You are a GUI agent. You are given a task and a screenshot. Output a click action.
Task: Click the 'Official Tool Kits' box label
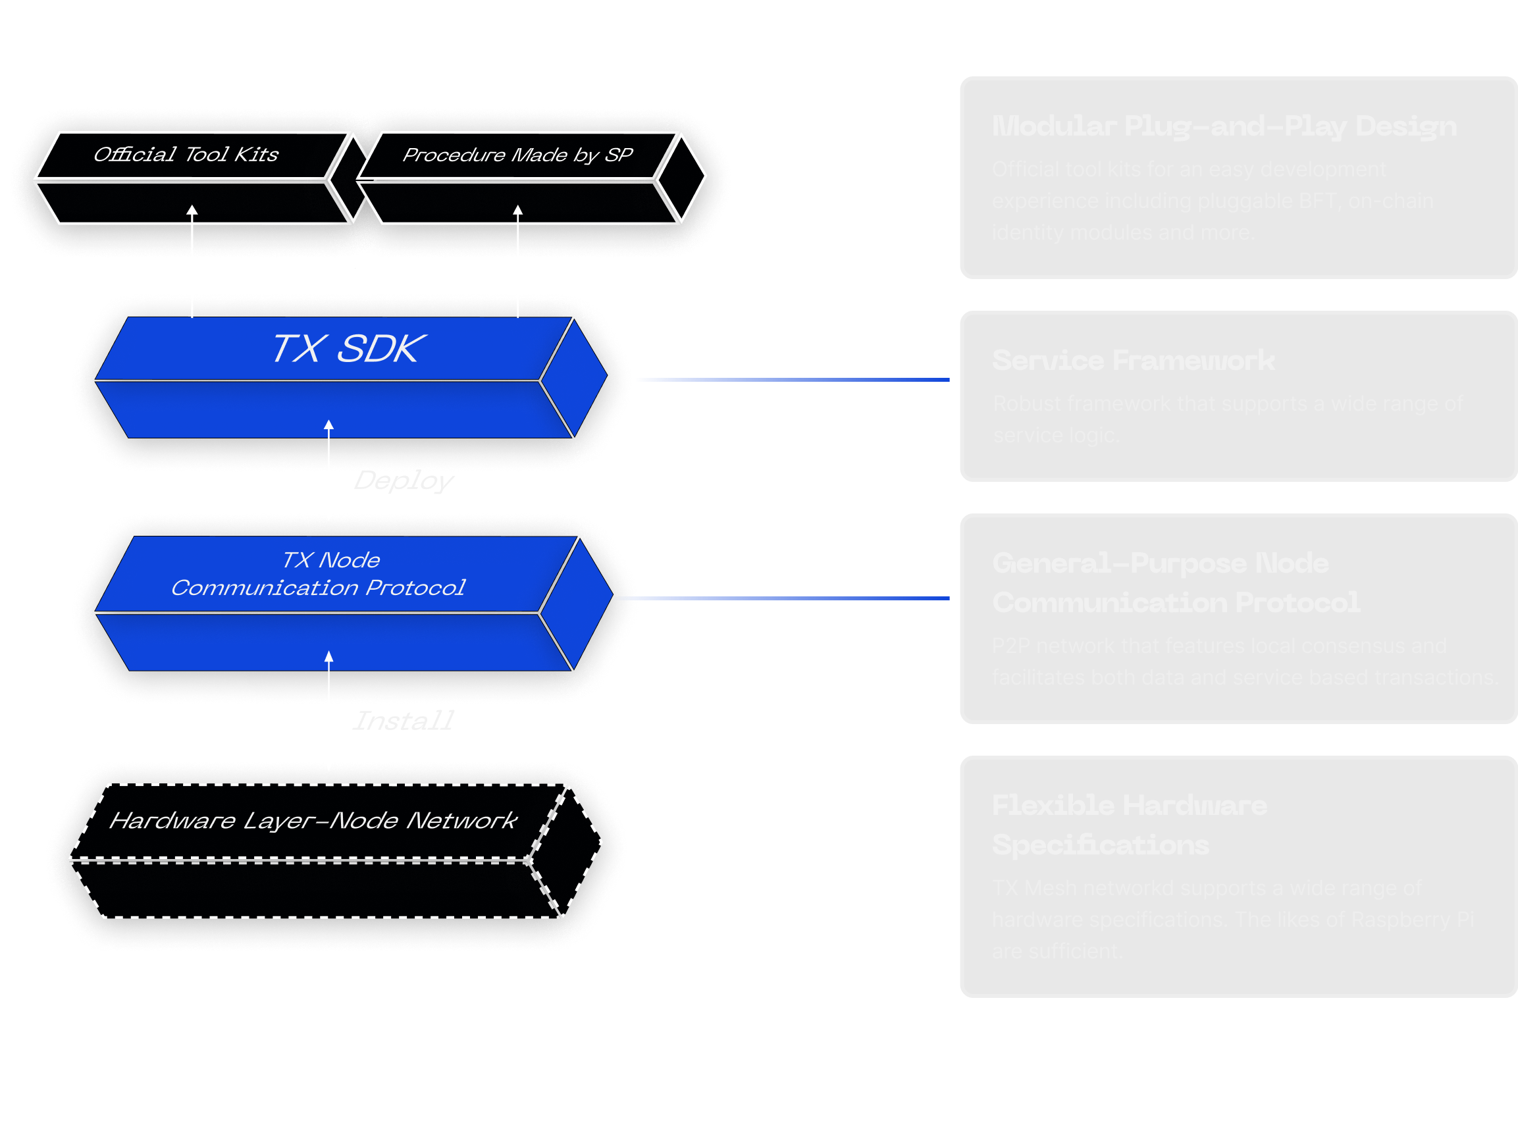pyautogui.click(x=185, y=155)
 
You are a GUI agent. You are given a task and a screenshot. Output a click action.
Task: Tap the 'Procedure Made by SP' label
pyautogui.click(x=517, y=155)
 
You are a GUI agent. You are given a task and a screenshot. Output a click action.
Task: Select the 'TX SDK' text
pyautogui.click(x=348, y=349)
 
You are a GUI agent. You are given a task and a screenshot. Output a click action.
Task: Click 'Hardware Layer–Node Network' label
pyautogui.click(x=313, y=821)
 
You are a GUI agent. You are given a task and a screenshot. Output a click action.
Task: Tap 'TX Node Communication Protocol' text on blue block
pyautogui.click(x=318, y=574)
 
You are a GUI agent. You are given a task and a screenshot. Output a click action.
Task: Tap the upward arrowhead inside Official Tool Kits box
pyautogui.click(x=192, y=211)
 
